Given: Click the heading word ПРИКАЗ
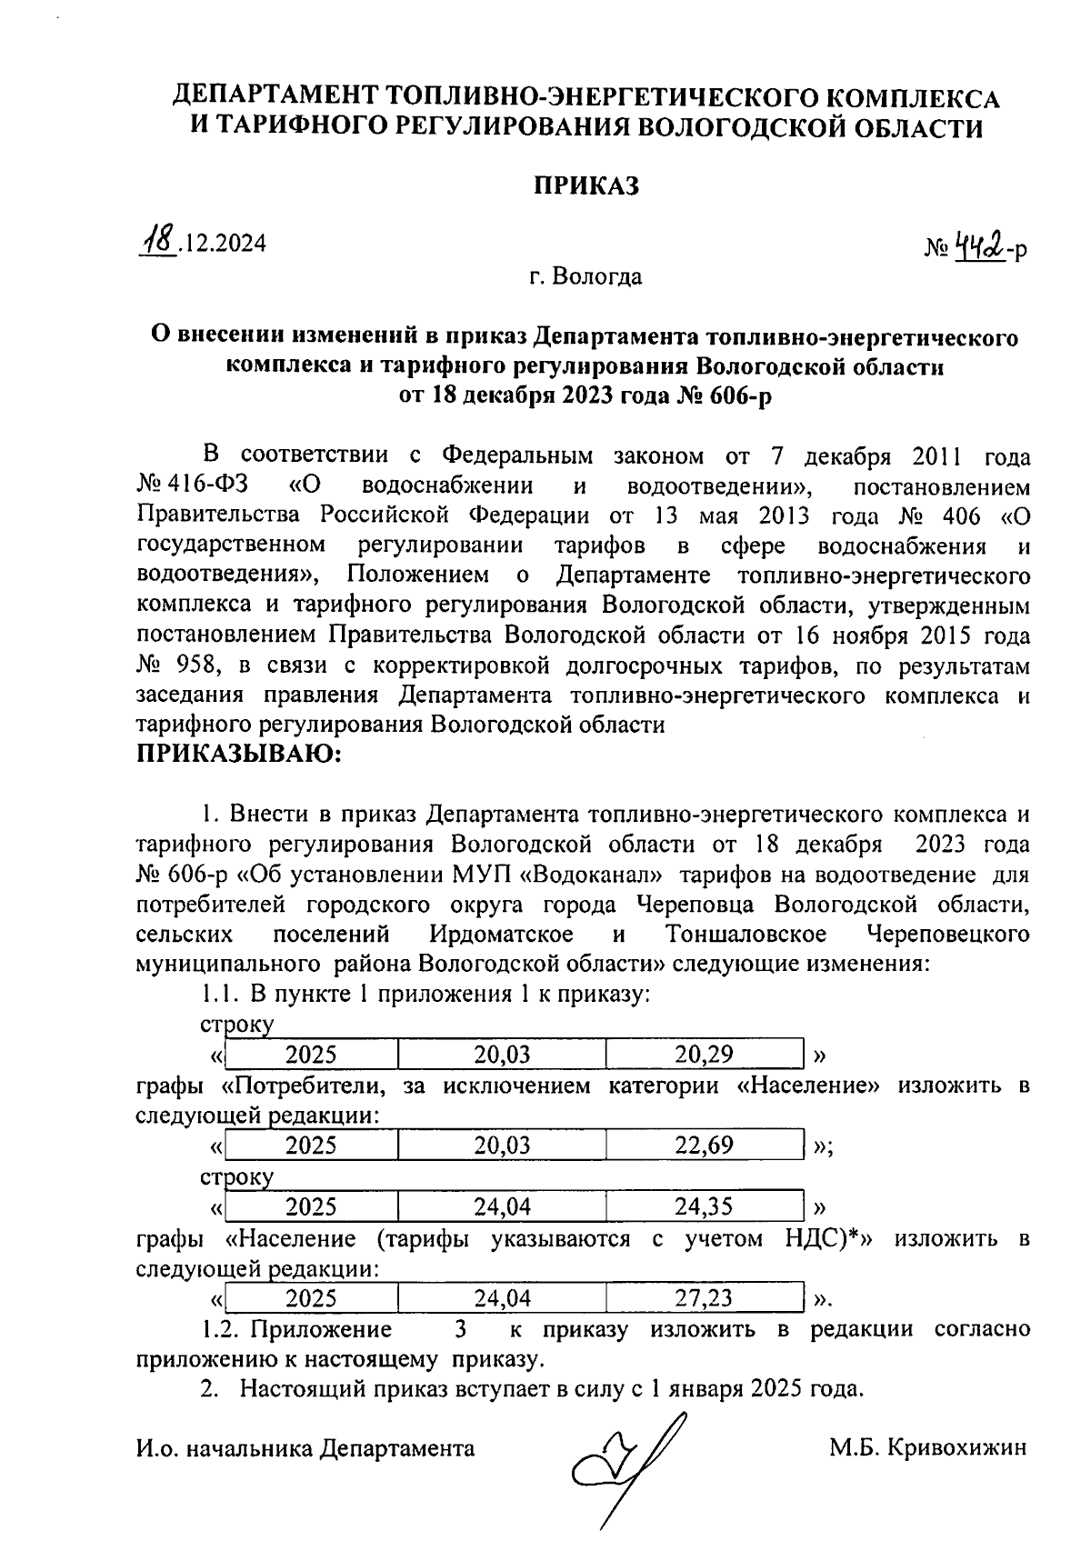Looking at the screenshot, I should (x=585, y=185).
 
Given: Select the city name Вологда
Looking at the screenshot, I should (x=600, y=275).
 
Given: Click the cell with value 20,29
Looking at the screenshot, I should (x=704, y=1055).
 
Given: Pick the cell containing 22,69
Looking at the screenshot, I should (x=704, y=1145).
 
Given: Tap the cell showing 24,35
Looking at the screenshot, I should (x=704, y=1206).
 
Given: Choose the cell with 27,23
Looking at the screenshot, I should (x=704, y=1297).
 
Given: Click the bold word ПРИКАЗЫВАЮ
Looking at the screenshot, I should (x=238, y=755).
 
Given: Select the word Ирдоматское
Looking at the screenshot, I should (x=502, y=934).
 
